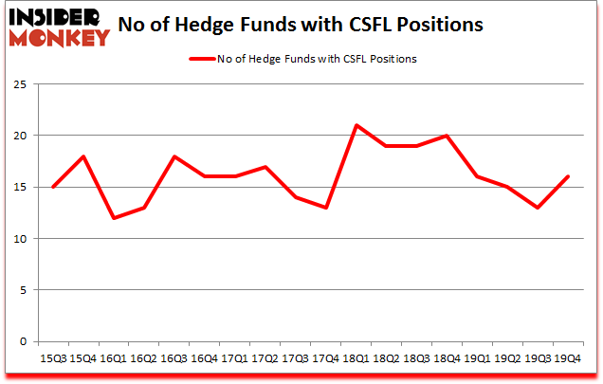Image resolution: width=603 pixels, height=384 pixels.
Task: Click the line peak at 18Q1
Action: [356, 125]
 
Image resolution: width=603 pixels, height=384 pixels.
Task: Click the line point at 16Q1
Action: [113, 218]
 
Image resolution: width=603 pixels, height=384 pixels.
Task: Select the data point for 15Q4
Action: [82, 156]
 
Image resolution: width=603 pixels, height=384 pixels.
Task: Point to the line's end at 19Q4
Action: [568, 176]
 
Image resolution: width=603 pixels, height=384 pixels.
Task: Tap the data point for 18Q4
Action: [446, 136]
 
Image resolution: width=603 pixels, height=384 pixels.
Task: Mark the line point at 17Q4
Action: [325, 208]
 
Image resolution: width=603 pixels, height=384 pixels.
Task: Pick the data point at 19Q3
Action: [537, 208]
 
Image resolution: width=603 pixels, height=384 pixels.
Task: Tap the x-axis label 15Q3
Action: [52, 358]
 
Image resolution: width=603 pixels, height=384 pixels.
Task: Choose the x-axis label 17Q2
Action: [265, 358]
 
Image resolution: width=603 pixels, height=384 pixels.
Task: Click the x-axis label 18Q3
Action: [415, 358]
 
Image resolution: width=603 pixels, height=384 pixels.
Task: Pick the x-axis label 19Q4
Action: [568, 358]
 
